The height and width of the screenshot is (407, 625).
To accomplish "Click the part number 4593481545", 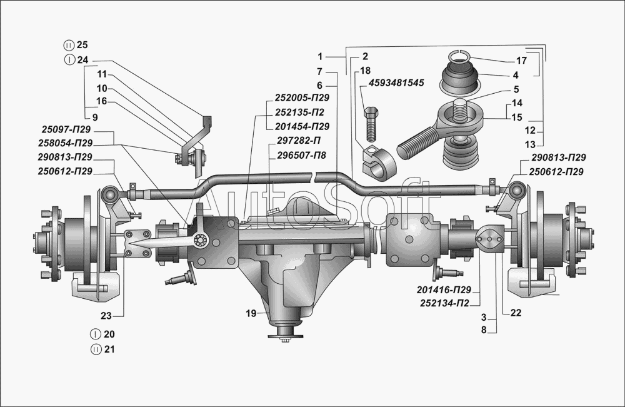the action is pos(396,83).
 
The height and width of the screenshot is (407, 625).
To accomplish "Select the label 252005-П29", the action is pos(302,98).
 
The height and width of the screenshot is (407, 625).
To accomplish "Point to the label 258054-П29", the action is pos(66,143).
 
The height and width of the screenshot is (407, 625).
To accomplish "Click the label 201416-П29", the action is pos(444,289).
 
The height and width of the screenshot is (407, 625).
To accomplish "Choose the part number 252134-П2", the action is pos(444,304).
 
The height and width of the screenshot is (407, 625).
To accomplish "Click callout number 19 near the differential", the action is pos(251,313).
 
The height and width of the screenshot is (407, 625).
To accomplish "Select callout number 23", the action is pos(106,316).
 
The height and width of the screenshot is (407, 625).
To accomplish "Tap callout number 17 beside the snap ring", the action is pos(521,61).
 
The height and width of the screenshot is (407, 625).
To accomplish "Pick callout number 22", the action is pos(516,313).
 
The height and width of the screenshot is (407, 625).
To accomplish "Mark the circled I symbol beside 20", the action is pos(95,334).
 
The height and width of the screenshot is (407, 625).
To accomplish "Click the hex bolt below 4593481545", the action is pos(370,124).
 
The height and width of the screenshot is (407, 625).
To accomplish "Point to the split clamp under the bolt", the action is pos(378,163).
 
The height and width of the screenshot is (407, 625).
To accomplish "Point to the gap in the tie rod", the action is pos(315,176).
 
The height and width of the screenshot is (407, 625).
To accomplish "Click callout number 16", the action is pos(102,101).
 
